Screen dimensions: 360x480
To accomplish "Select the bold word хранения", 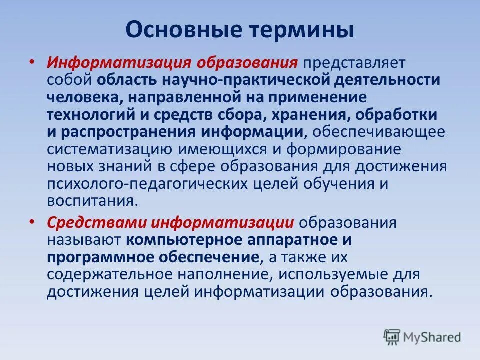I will tap(307, 115).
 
